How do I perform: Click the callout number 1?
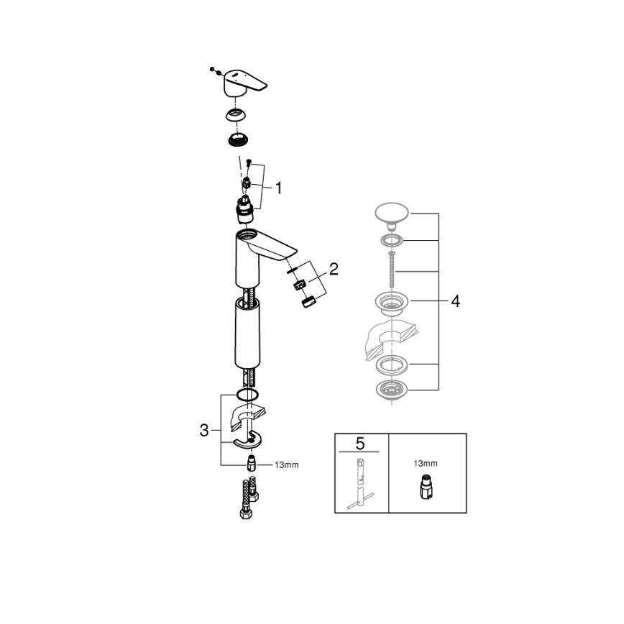278,188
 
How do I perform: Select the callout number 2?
333,270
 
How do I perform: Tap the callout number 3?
203,431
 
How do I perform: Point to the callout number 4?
454,301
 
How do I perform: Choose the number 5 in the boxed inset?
361,444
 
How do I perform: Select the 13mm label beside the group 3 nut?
286,465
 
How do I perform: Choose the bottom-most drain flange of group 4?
391,391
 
